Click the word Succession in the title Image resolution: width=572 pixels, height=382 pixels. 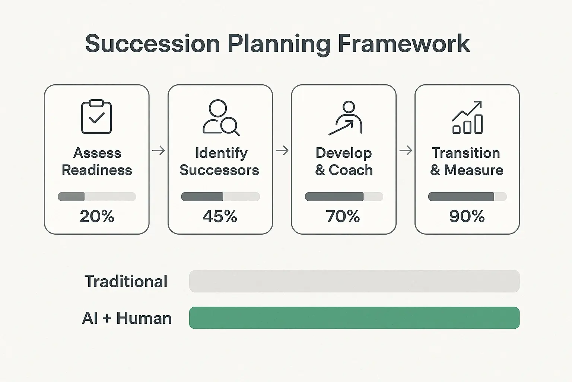(x=152, y=44)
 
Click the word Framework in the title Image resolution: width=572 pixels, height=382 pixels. (x=404, y=44)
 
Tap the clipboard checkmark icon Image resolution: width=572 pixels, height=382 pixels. (x=96, y=117)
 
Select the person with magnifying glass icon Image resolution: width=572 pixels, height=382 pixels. (x=220, y=117)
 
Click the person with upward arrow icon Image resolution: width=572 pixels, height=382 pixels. (x=346, y=118)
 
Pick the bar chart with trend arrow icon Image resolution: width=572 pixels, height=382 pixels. (x=467, y=117)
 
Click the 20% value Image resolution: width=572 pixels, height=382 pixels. (x=97, y=216)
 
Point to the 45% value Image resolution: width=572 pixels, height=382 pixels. (x=220, y=216)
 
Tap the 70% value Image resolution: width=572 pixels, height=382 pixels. (x=343, y=216)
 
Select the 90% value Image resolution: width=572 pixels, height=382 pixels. (x=467, y=216)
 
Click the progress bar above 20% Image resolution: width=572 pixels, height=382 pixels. (x=97, y=197)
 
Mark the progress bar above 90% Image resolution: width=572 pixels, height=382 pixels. (x=467, y=197)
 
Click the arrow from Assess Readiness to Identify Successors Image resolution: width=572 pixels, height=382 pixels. (x=159, y=151)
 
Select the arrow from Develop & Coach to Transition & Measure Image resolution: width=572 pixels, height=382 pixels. (x=406, y=151)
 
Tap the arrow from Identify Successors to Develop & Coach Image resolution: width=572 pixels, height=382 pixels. (x=282, y=151)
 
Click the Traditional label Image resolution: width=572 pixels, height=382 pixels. (x=126, y=281)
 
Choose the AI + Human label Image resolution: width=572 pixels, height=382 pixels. (x=127, y=318)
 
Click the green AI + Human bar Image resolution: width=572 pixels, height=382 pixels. (x=354, y=318)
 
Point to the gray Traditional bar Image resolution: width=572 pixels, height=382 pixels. (x=354, y=281)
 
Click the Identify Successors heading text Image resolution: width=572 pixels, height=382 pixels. (x=220, y=162)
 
